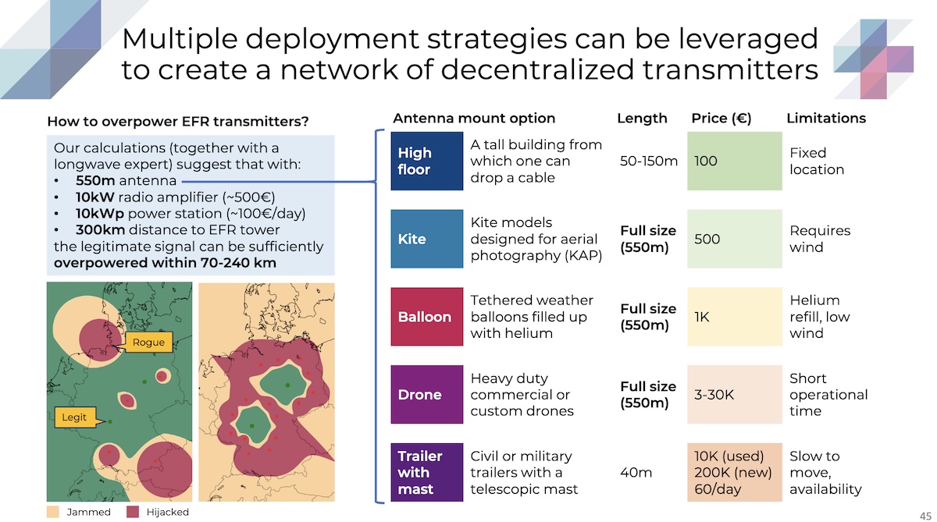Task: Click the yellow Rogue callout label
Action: [x=148, y=343]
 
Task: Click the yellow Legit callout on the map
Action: [x=75, y=417]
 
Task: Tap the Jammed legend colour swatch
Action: [x=53, y=512]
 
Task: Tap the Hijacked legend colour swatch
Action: [x=133, y=512]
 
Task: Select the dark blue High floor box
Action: [x=426, y=161]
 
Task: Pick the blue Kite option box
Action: [x=426, y=239]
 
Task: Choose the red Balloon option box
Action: [x=426, y=316]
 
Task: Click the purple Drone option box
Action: [x=426, y=394]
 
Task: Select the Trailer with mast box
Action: [x=426, y=472]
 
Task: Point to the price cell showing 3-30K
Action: [x=735, y=394]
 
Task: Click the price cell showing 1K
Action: [x=735, y=316]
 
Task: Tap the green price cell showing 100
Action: [x=735, y=161]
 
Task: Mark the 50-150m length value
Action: [x=648, y=161]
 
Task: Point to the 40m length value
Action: [x=636, y=473]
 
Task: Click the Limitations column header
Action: [x=826, y=119]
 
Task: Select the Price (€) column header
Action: [x=721, y=119]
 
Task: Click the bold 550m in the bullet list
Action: [x=95, y=180]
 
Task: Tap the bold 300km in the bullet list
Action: [x=101, y=230]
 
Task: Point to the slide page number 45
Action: [x=925, y=516]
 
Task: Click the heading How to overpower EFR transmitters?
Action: [x=178, y=122]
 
